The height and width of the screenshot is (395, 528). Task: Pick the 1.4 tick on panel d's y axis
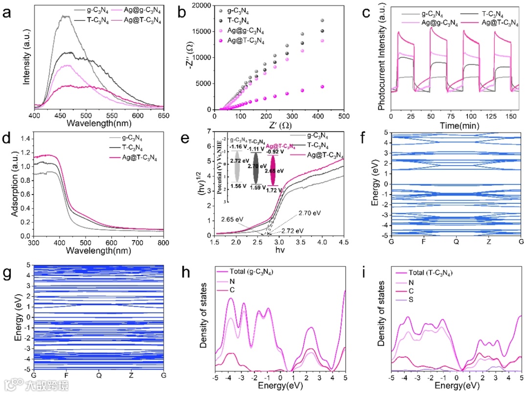(23, 139)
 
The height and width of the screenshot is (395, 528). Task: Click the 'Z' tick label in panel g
(132, 375)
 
